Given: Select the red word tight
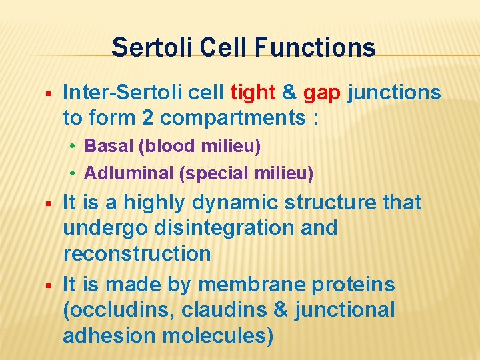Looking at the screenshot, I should click(x=253, y=93).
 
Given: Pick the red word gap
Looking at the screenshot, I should click(x=323, y=93).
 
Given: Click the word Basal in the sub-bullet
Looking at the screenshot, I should click(x=105, y=146).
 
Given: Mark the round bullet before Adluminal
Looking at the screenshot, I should click(x=75, y=175).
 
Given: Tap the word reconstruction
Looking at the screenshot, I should click(x=137, y=254).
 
